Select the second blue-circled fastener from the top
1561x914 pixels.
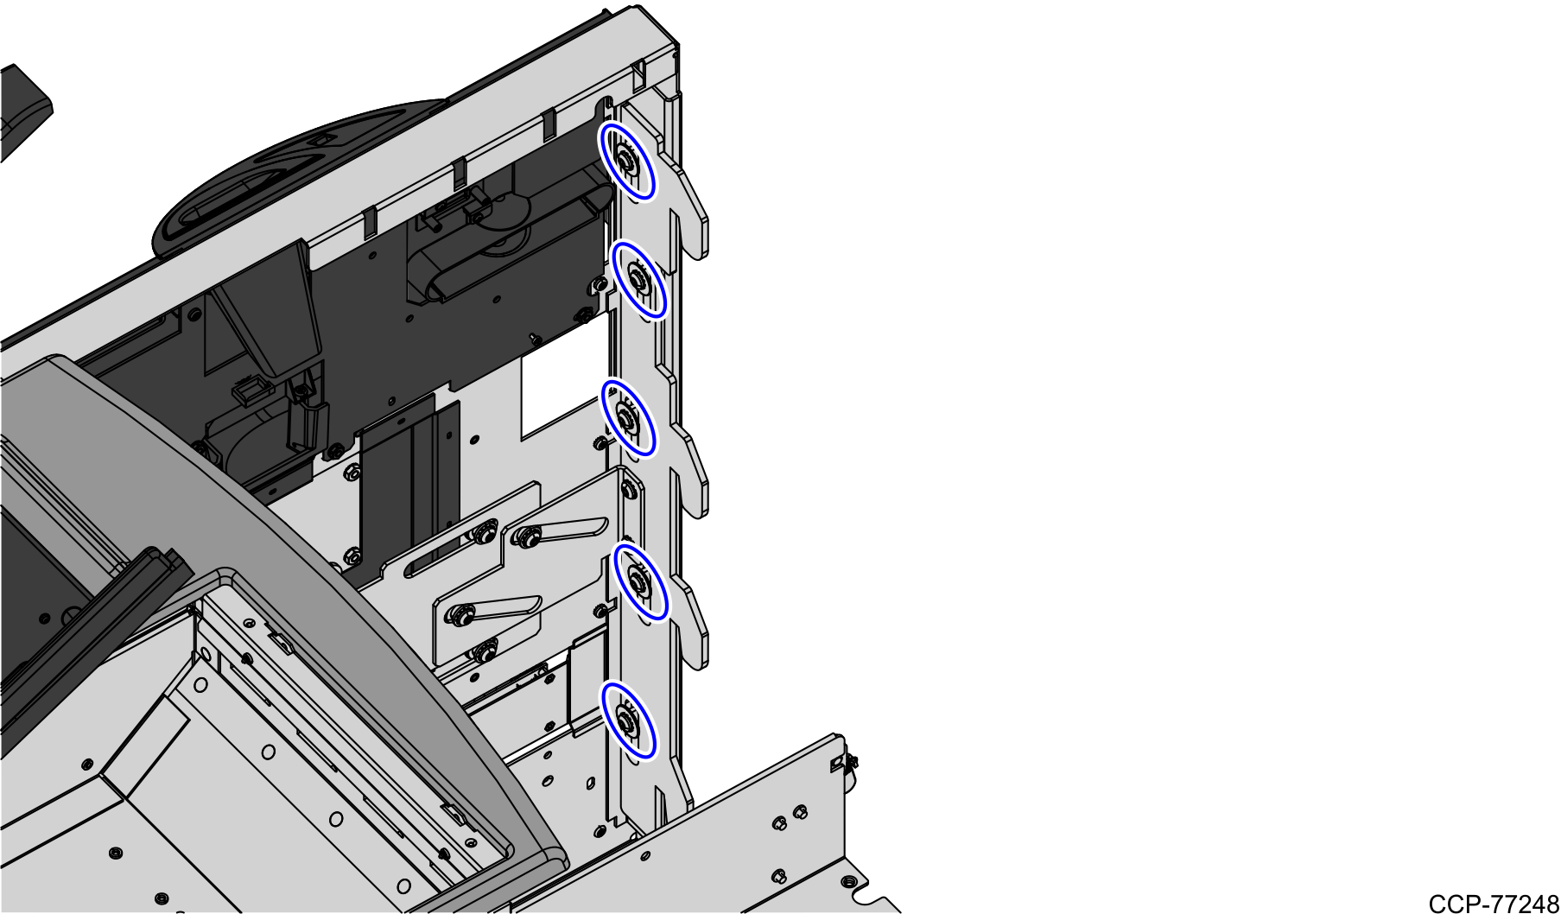(638, 279)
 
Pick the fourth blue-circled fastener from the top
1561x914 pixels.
(639, 581)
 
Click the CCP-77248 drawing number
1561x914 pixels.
(1493, 903)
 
